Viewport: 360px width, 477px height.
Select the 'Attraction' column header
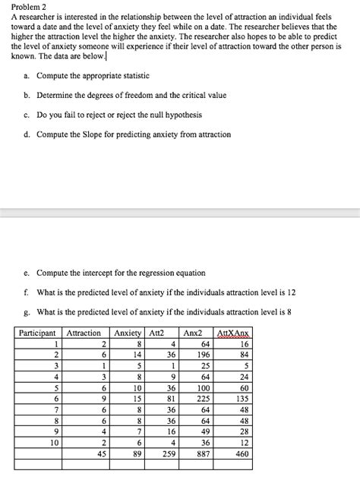pyautogui.click(x=83, y=333)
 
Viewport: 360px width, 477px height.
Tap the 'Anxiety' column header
pyautogui.click(x=127, y=333)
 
